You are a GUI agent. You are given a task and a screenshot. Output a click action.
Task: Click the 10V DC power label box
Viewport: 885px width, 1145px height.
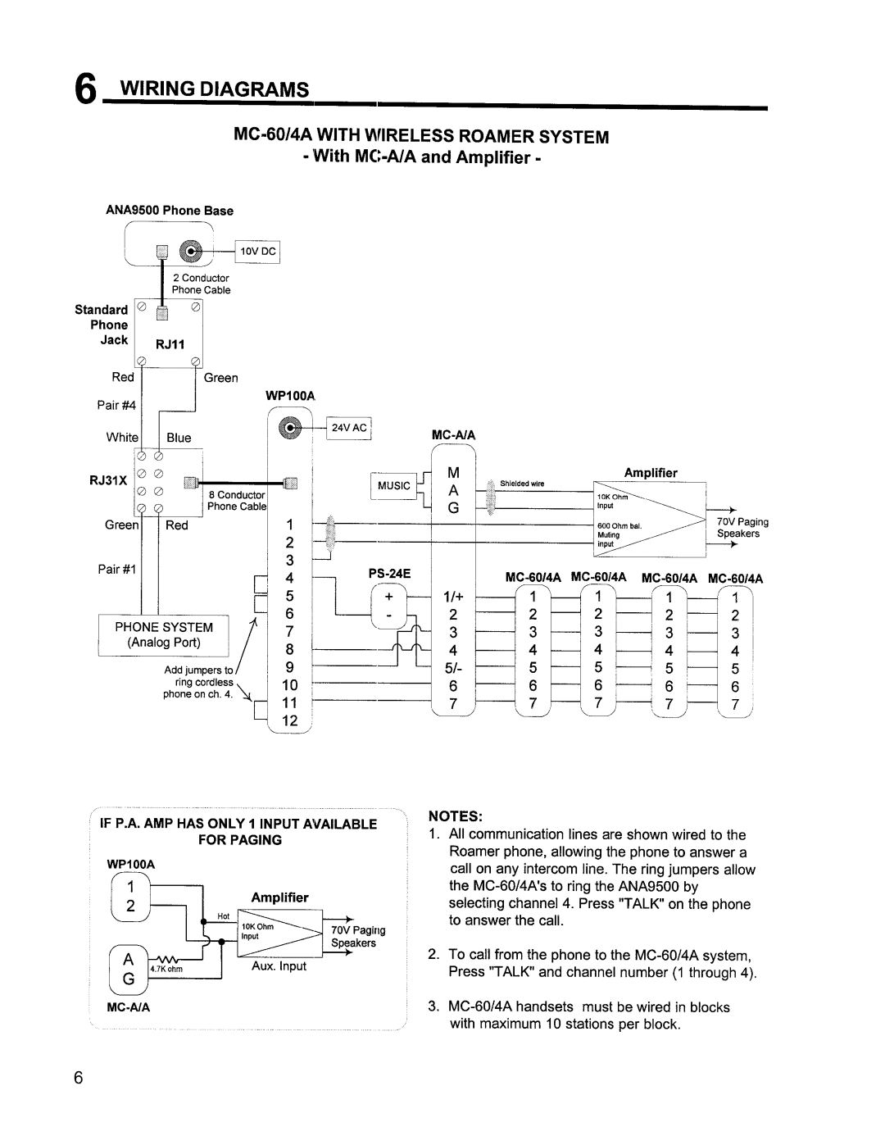coord(257,251)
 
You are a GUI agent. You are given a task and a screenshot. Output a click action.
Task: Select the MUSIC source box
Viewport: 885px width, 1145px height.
coord(393,485)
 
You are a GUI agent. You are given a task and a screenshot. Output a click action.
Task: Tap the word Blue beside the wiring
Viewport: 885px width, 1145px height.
coord(179,438)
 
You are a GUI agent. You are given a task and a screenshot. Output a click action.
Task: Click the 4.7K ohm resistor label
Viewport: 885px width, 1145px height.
coord(166,970)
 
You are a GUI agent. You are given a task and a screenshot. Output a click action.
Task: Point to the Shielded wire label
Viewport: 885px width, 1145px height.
coord(524,484)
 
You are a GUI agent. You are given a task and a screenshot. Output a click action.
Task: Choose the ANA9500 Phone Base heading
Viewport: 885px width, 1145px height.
coord(170,211)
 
